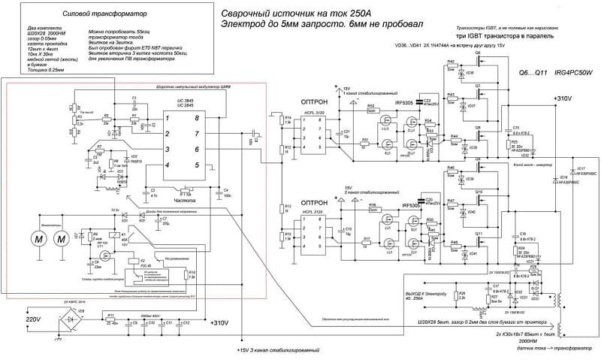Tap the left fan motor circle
[x=35, y=238]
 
